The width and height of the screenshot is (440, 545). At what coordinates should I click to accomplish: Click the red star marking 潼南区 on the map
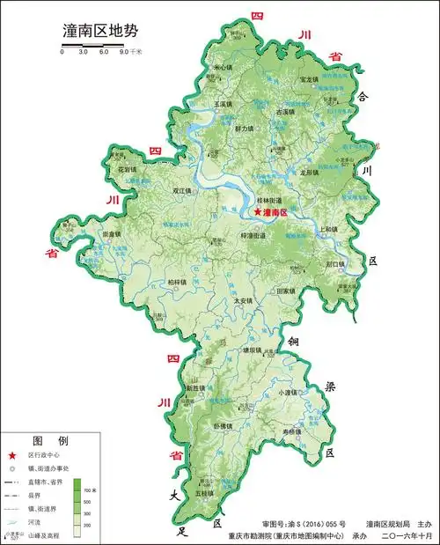coord(257,212)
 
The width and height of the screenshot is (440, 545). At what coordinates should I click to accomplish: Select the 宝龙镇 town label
coord(309,79)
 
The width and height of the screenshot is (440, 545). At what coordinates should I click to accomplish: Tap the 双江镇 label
coord(182,189)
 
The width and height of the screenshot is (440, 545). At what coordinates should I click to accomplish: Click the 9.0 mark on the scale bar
coord(124,52)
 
